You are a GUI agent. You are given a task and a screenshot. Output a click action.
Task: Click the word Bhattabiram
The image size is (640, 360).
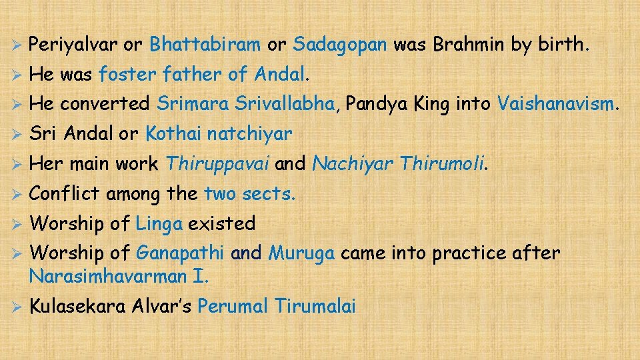205,45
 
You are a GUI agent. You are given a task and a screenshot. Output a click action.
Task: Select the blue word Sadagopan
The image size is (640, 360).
339,45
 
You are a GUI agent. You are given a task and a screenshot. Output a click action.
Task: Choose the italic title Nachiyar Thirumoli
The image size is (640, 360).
399,164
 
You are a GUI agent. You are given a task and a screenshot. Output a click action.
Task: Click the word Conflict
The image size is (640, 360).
65,194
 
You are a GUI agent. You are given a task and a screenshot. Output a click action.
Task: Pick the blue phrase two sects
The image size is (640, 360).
249,194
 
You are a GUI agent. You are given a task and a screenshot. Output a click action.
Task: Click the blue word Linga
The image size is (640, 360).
159,224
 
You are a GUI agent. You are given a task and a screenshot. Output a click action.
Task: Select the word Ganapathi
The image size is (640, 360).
180,253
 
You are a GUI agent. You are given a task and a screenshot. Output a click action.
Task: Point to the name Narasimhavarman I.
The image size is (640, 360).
119,274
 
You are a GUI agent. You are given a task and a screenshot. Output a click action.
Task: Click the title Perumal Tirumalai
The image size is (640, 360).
277,307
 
